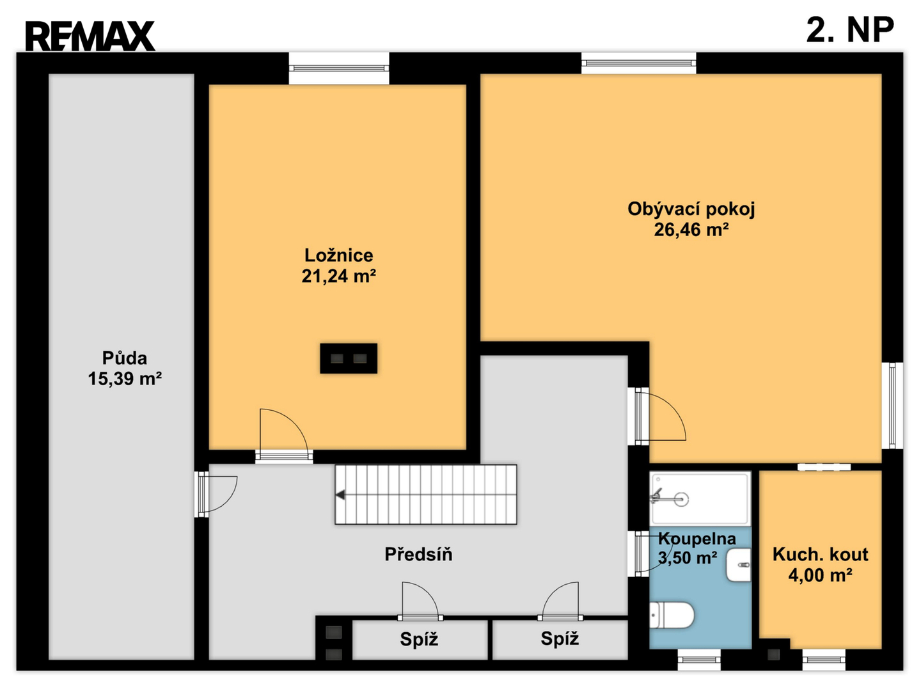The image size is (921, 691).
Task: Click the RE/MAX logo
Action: [90, 36]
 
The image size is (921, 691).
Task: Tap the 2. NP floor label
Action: [850, 30]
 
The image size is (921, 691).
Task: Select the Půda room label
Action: [125, 358]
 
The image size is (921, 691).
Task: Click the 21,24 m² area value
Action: [338, 276]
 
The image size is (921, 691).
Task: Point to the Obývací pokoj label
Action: [691, 209]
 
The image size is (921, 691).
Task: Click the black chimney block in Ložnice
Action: [349, 358]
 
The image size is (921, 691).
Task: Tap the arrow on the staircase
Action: [340, 495]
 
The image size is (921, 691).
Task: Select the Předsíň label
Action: [418, 554]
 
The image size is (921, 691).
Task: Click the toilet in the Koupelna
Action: [672, 616]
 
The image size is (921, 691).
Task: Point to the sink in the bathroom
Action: [739, 566]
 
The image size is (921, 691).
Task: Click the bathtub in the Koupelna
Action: [700, 499]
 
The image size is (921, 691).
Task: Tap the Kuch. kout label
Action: [821, 555]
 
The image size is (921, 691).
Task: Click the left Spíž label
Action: [419, 639]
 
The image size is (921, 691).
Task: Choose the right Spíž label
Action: [560, 639]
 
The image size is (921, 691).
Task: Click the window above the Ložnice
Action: [339, 68]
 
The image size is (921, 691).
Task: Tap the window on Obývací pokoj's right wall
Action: [892, 406]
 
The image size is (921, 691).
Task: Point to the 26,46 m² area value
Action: [691, 230]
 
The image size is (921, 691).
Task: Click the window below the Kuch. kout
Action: [824, 660]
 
